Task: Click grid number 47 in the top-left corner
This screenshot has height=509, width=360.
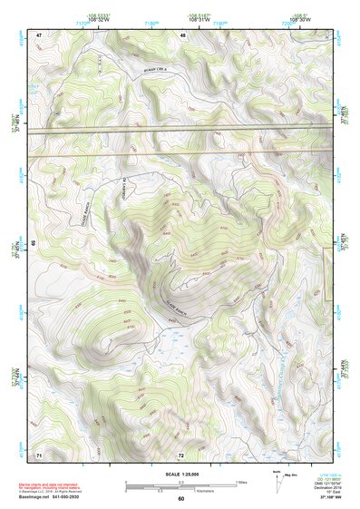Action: coord(39,34)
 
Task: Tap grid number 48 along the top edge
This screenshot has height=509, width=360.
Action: coord(182,34)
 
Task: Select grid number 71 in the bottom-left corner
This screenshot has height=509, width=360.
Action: coord(39,454)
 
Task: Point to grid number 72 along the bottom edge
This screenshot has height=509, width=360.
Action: coord(181,454)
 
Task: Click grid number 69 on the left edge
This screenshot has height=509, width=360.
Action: coord(34,244)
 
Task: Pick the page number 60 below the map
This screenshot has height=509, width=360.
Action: coord(181,498)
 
